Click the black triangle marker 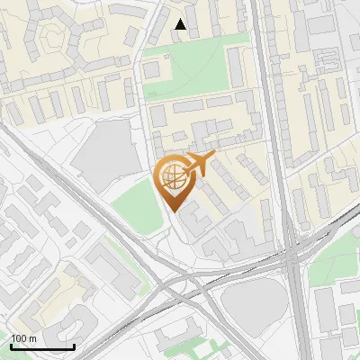[181, 25]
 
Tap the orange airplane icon [199, 164]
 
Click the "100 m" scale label [23, 338]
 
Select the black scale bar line [41, 346]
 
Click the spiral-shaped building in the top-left [54, 36]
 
